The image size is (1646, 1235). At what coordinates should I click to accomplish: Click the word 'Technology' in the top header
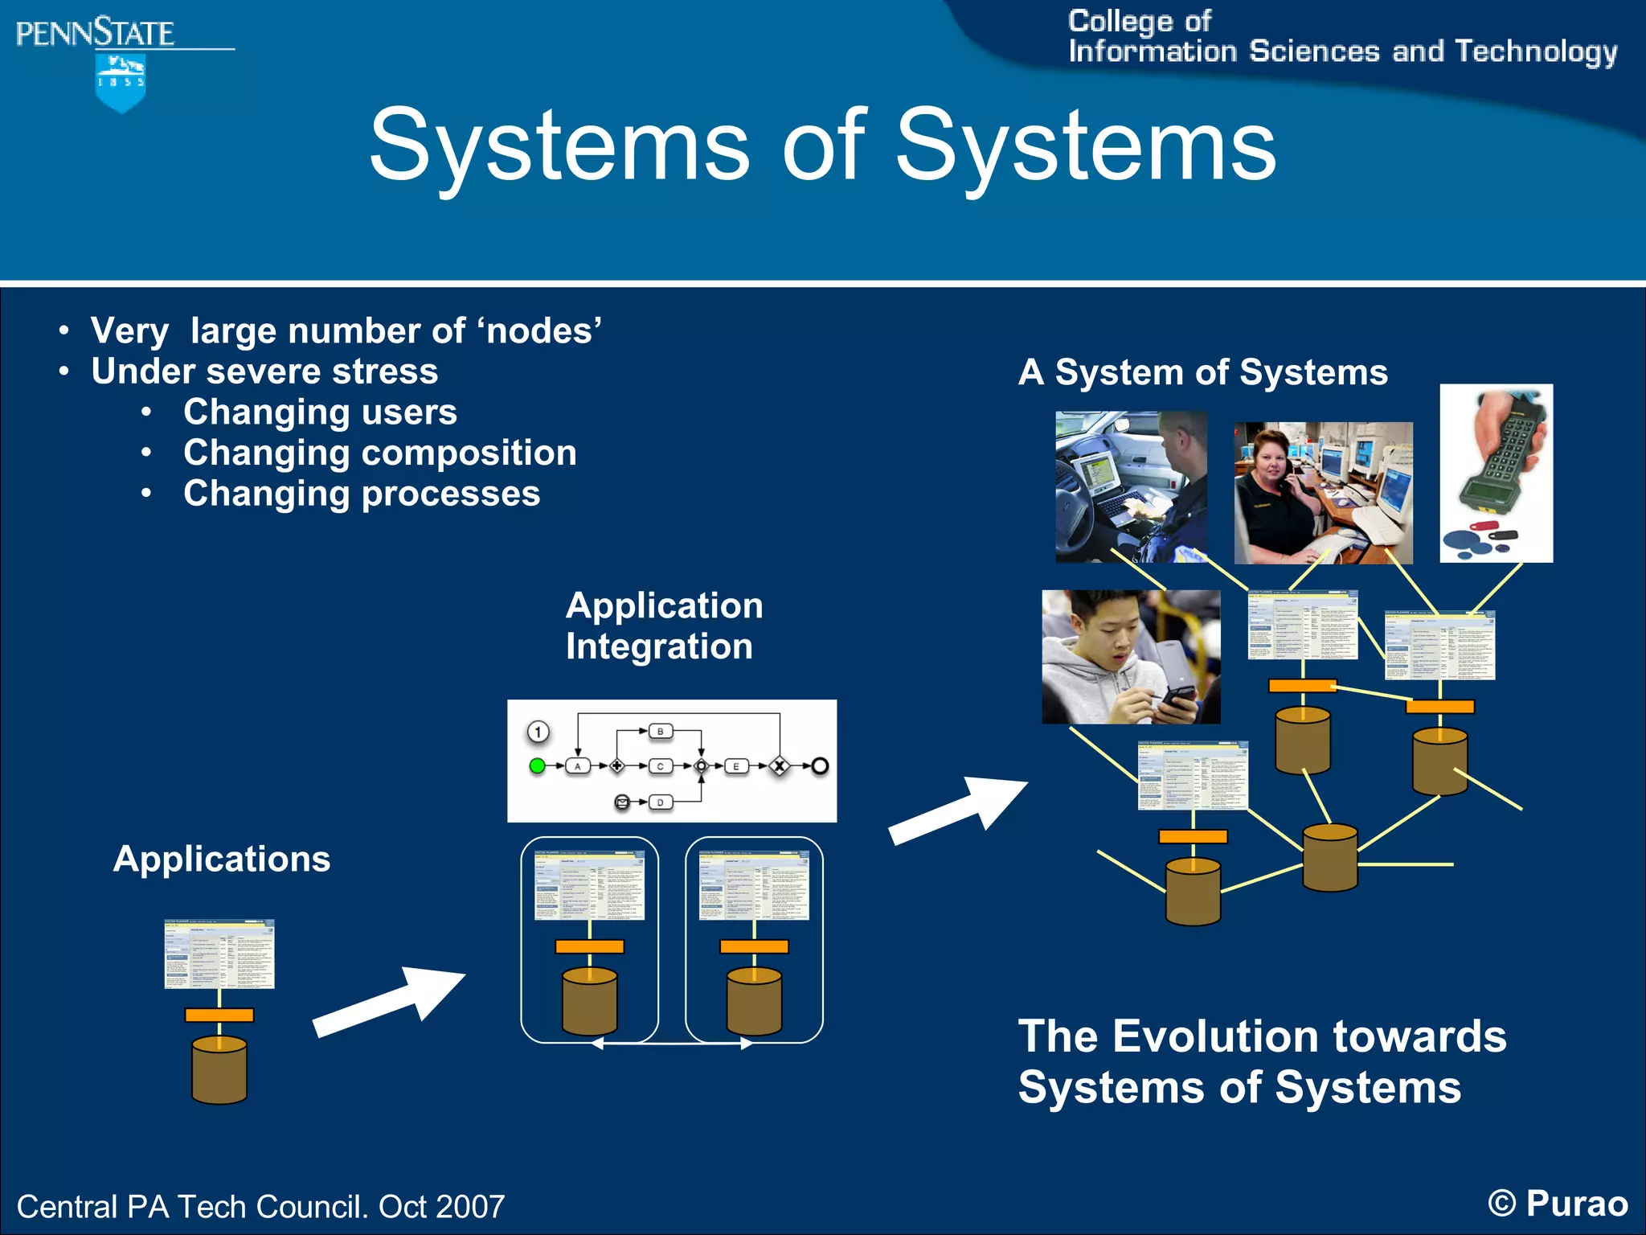pyautogui.click(x=1536, y=51)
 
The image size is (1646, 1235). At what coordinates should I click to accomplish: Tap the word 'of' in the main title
pyautogui.click(x=823, y=147)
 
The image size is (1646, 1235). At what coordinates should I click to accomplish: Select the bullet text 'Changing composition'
pyautogui.click(x=379, y=453)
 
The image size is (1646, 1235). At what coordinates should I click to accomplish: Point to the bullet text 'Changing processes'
pyautogui.click(x=362, y=494)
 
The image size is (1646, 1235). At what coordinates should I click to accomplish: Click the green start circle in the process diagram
pyautogui.click(x=538, y=765)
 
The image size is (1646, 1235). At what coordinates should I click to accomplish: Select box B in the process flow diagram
pyautogui.click(x=660, y=731)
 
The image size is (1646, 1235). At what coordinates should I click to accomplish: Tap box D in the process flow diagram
pyautogui.click(x=660, y=802)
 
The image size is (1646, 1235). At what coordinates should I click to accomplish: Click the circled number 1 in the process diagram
pyautogui.click(x=538, y=732)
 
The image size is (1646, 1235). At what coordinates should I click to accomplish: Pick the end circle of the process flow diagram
pyautogui.click(x=819, y=765)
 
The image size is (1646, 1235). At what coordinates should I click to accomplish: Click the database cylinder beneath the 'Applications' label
pyautogui.click(x=219, y=1070)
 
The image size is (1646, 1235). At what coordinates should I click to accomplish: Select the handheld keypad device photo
pyautogui.click(x=1496, y=473)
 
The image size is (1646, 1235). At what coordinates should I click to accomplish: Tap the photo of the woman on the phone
pyautogui.click(x=1322, y=493)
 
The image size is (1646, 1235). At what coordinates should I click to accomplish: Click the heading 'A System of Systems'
pyautogui.click(x=1202, y=372)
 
